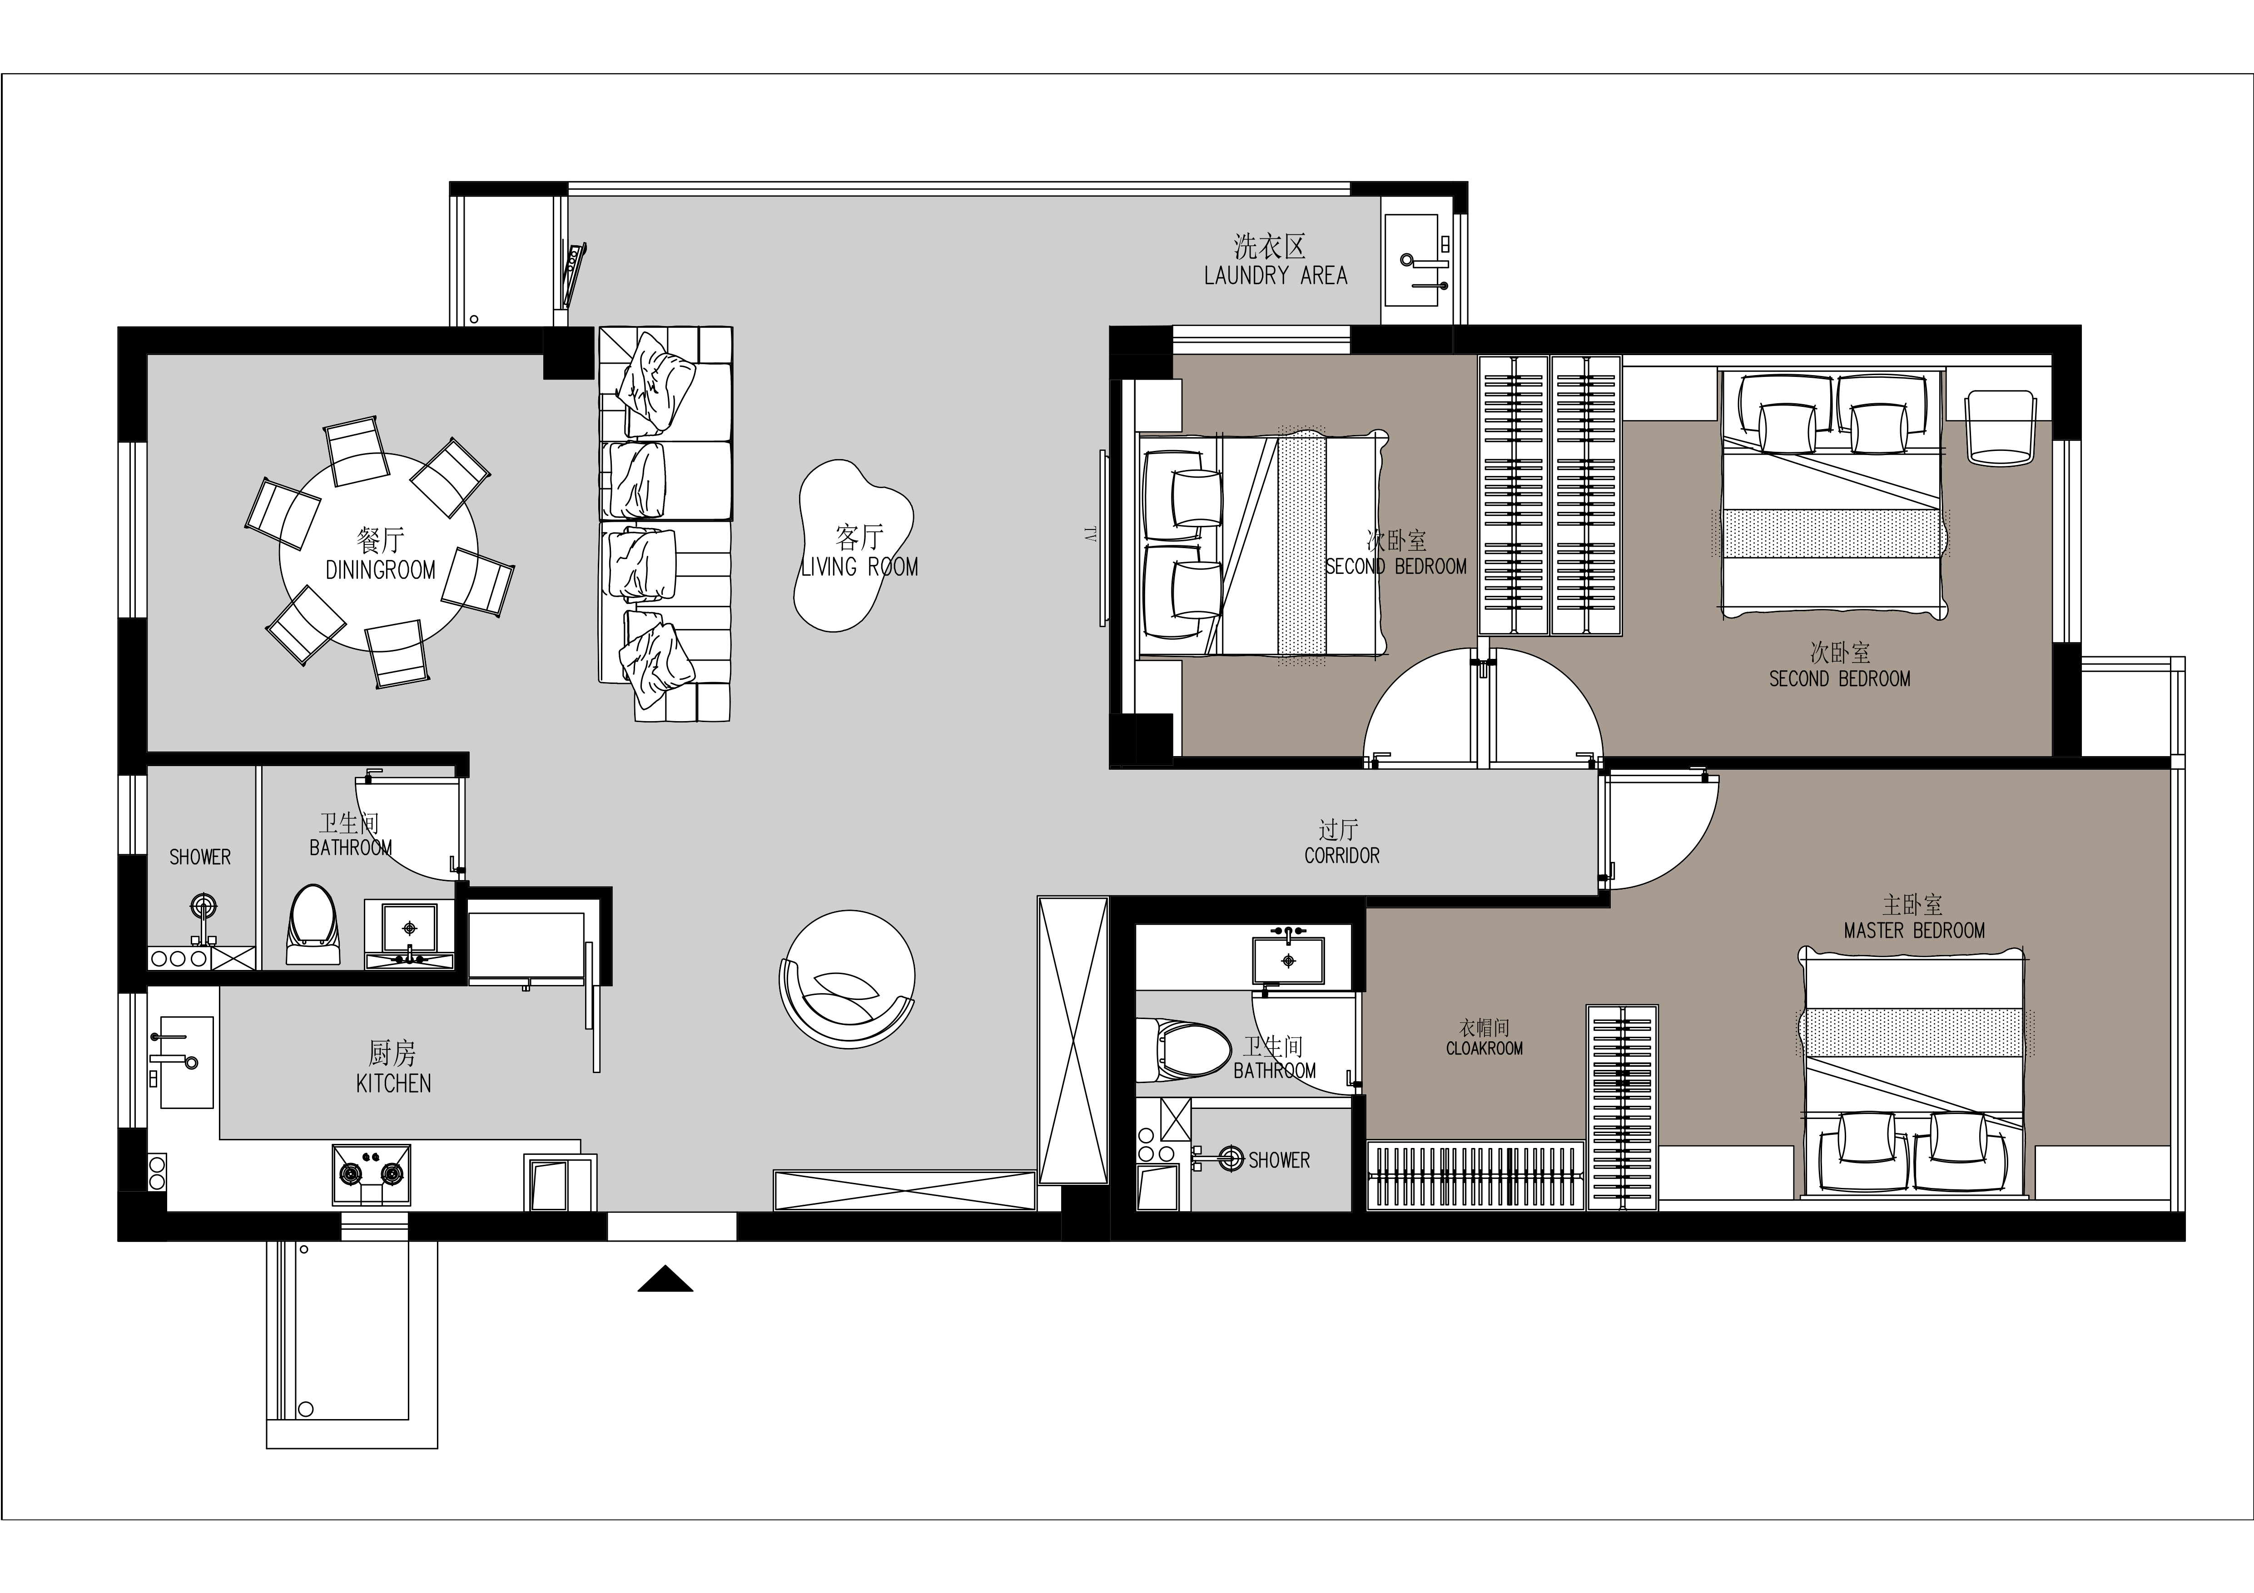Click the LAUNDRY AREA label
(x=1275, y=276)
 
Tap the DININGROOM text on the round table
(x=380, y=570)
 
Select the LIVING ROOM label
(x=860, y=566)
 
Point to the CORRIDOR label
(x=1342, y=856)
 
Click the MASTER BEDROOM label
(x=1914, y=930)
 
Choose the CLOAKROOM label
(x=1484, y=1048)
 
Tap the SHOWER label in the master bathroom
(x=1279, y=1160)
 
